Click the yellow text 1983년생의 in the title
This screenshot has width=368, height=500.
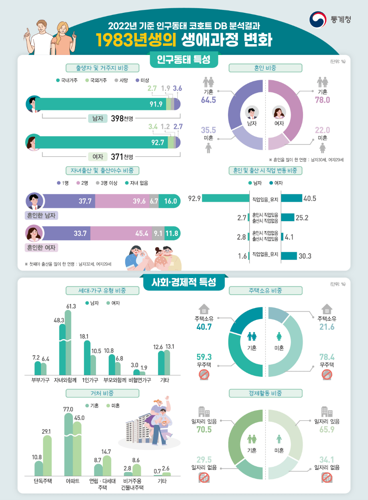click(136, 40)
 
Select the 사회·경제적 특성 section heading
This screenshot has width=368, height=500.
click(183, 282)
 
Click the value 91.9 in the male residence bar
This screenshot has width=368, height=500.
click(156, 104)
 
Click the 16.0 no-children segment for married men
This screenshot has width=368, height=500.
click(171, 201)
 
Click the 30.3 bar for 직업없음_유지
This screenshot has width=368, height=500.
click(289, 256)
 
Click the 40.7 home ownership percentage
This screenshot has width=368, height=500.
click(204, 327)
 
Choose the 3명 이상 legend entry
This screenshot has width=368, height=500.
click(109, 183)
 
